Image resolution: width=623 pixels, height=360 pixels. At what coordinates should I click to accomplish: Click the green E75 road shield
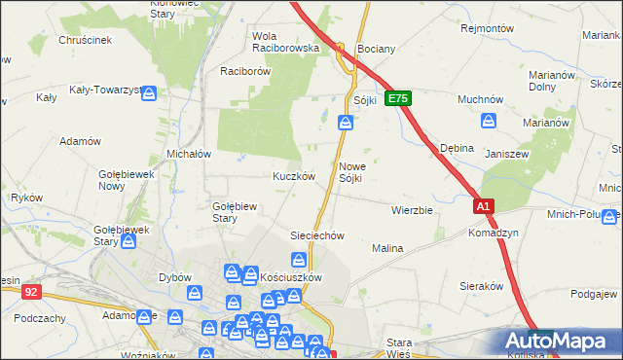point(399,98)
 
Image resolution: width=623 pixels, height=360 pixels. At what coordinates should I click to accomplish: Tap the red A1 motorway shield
point(484,206)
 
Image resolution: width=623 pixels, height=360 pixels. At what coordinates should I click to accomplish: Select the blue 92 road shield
point(31,290)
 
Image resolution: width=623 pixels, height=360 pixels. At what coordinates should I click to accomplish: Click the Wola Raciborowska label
point(285,41)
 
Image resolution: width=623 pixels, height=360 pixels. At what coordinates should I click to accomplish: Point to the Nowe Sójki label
point(351,171)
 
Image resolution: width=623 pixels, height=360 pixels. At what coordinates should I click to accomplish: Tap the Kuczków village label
point(292,177)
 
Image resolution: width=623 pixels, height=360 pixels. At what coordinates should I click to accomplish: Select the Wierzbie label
point(411,209)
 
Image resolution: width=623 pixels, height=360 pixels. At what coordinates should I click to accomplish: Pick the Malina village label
point(387,249)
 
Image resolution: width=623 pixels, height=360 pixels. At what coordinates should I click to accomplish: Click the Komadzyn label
point(492,234)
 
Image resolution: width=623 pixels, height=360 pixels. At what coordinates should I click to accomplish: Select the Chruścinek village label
point(86,40)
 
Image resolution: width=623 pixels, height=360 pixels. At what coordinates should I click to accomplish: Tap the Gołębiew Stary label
point(234,211)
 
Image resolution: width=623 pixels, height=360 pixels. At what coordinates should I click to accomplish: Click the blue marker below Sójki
point(346,122)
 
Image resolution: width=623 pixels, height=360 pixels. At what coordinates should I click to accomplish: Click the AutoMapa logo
point(559,341)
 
